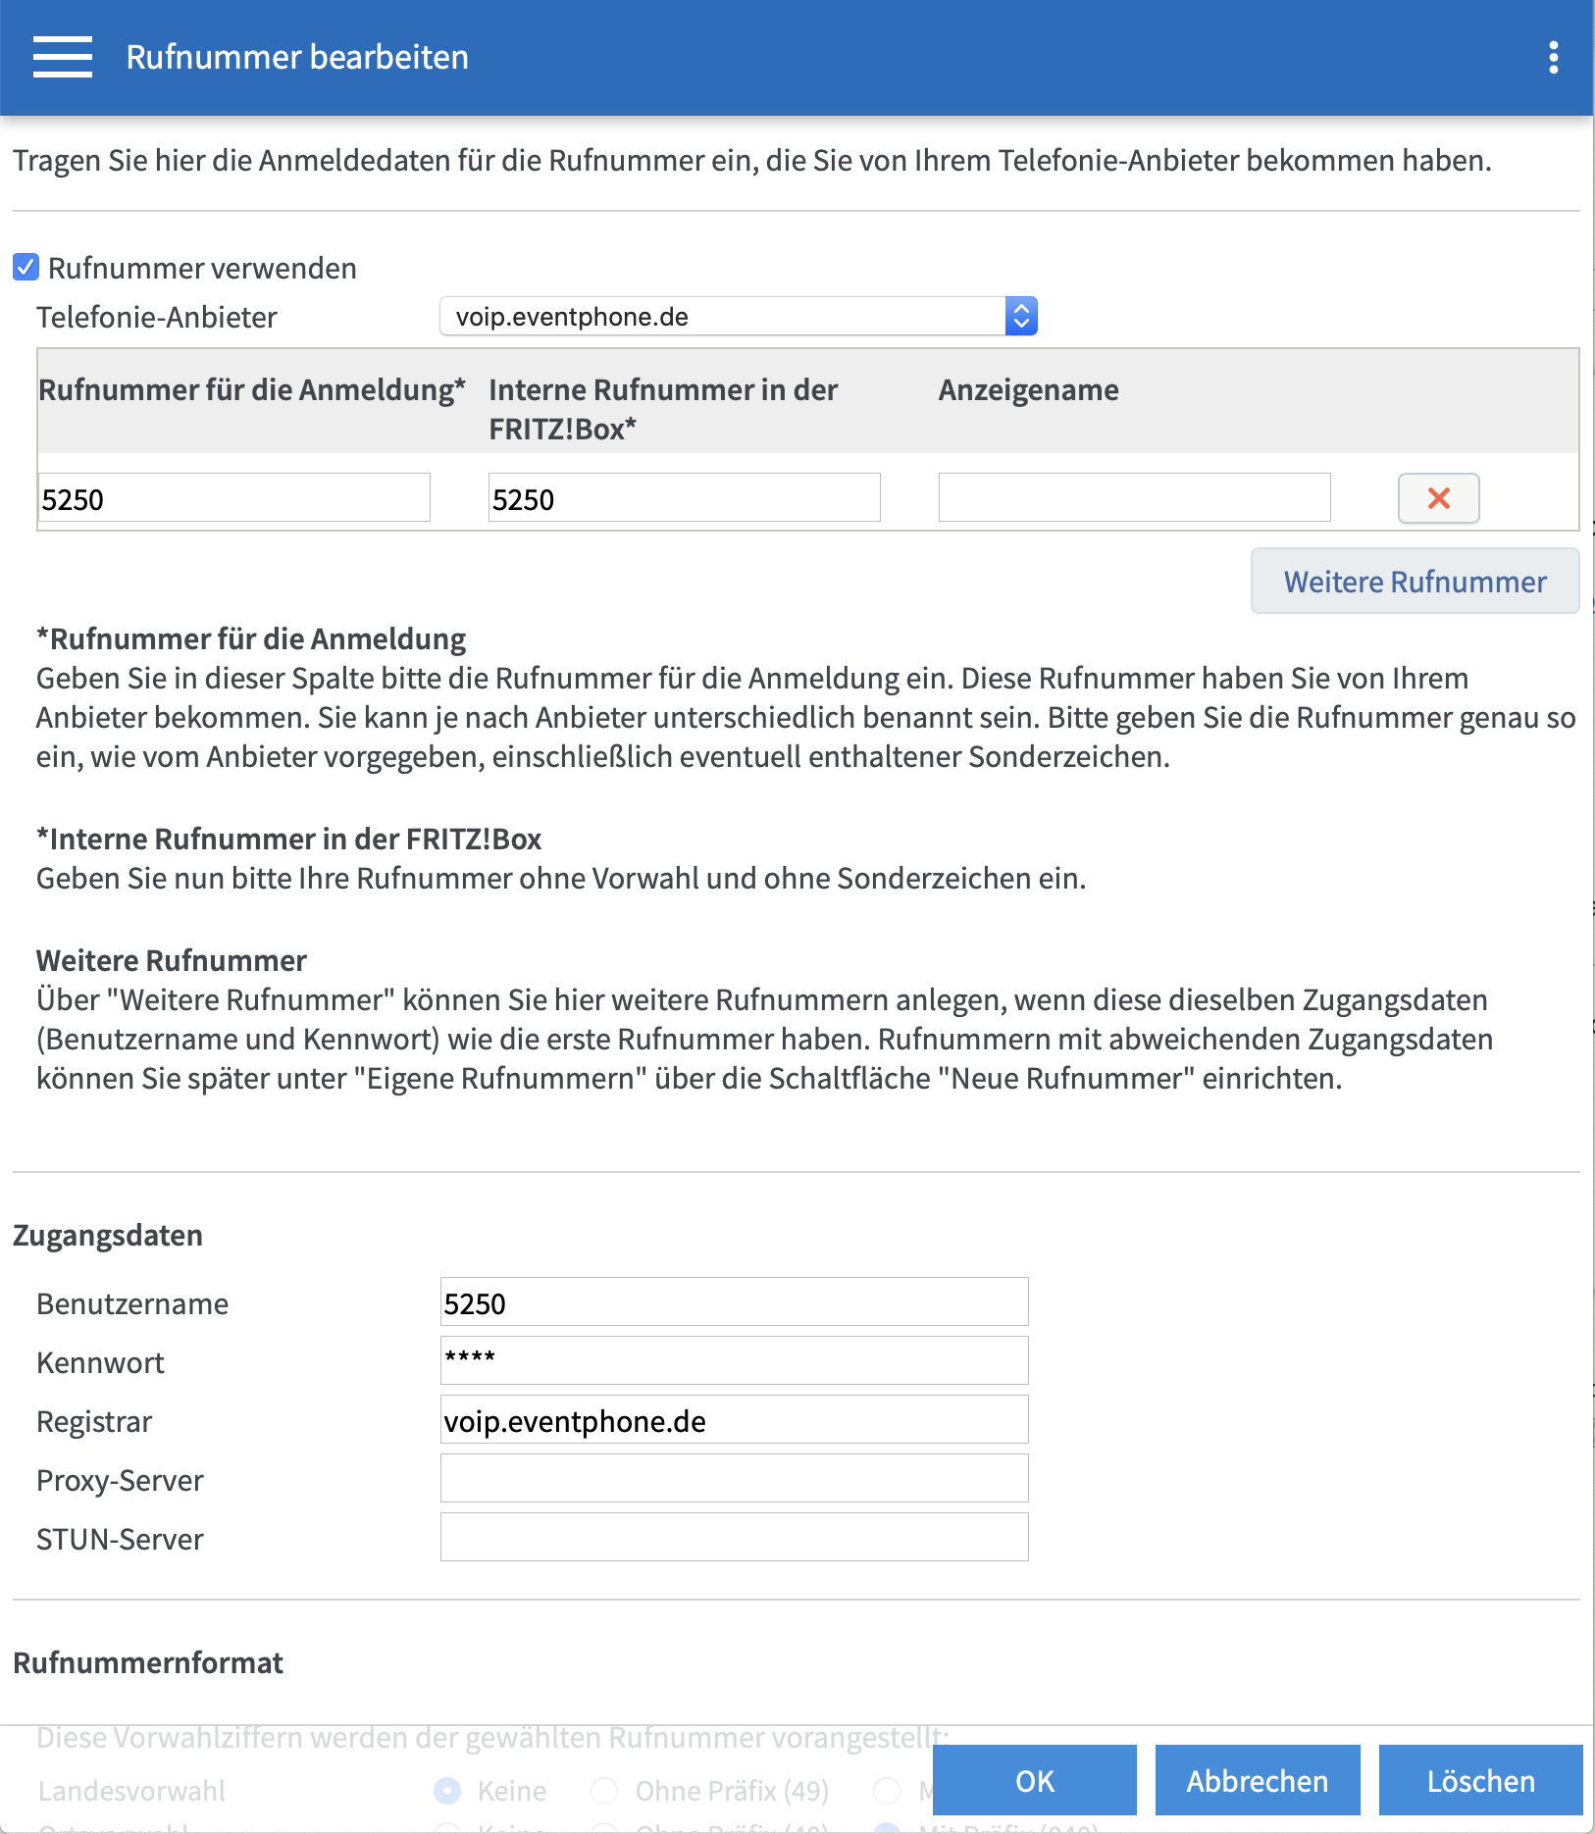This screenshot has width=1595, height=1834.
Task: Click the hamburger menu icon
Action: click(62, 57)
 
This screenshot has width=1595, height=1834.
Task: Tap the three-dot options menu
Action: click(1553, 57)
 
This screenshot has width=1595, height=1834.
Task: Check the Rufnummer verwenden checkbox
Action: click(26, 268)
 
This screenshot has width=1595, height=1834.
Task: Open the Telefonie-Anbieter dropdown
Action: click(738, 317)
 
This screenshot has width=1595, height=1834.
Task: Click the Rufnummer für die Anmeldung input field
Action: click(233, 498)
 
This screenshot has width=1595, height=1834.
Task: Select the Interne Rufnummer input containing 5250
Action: click(684, 498)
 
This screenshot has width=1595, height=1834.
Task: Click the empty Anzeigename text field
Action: click(1134, 498)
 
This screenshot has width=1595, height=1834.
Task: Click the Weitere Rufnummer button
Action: click(1415, 582)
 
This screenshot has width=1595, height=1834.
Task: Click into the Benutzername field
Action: click(734, 1302)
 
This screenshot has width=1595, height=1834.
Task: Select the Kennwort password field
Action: click(734, 1361)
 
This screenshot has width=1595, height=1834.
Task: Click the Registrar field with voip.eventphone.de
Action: click(734, 1420)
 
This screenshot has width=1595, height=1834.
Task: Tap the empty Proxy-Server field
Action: click(734, 1479)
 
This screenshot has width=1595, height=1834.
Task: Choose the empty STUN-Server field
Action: click(734, 1538)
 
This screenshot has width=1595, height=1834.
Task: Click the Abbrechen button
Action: click(1257, 1781)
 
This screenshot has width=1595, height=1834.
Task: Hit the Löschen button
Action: click(1480, 1781)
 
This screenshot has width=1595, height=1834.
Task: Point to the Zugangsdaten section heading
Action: click(108, 1236)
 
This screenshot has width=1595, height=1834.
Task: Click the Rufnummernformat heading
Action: click(148, 1663)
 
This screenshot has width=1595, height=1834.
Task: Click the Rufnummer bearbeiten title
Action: click(297, 57)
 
